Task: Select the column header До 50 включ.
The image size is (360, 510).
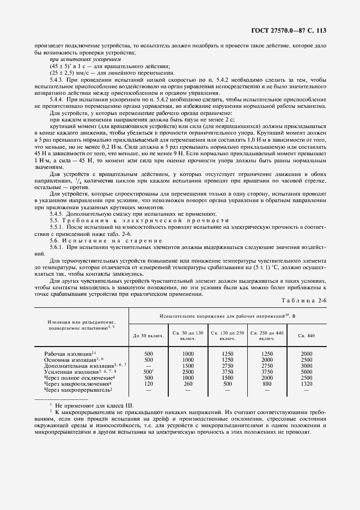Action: [x=148, y=336]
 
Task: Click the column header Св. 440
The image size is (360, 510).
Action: [x=307, y=336]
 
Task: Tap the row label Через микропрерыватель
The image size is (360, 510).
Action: [x=78, y=390]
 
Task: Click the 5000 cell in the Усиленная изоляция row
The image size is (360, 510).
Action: [x=307, y=372]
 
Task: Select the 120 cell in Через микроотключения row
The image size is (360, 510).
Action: [x=148, y=384]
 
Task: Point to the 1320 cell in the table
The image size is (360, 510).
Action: [x=307, y=384]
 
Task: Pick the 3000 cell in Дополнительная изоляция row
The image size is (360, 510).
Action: [x=307, y=366]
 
